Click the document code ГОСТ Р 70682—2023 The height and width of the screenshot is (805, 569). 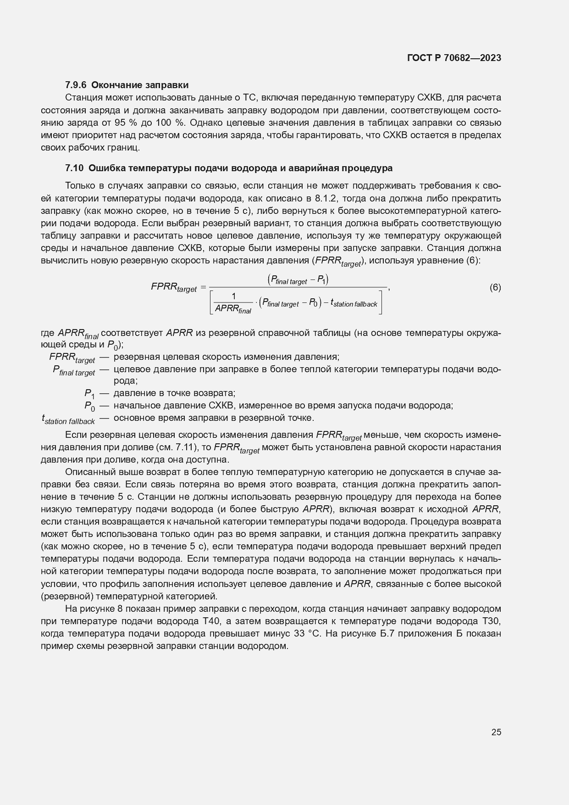pyautogui.click(x=453, y=58)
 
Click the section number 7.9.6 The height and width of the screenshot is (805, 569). pyautogui.click(x=76, y=85)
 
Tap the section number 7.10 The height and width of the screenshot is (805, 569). pyautogui.click(x=74, y=168)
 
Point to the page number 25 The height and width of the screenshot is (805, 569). pyautogui.click(x=496, y=732)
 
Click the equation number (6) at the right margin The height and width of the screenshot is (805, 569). pyautogui.click(x=495, y=288)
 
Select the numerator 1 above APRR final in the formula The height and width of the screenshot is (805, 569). pyautogui.click(x=233, y=296)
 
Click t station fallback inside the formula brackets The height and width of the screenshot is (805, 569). pyautogui.click(x=354, y=303)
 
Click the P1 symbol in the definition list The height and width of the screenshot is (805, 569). pyautogui.click(x=89, y=394)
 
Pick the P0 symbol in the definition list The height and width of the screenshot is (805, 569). pyautogui.click(x=89, y=406)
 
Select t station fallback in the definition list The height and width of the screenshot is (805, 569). pyautogui.click(x=68, y=419)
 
